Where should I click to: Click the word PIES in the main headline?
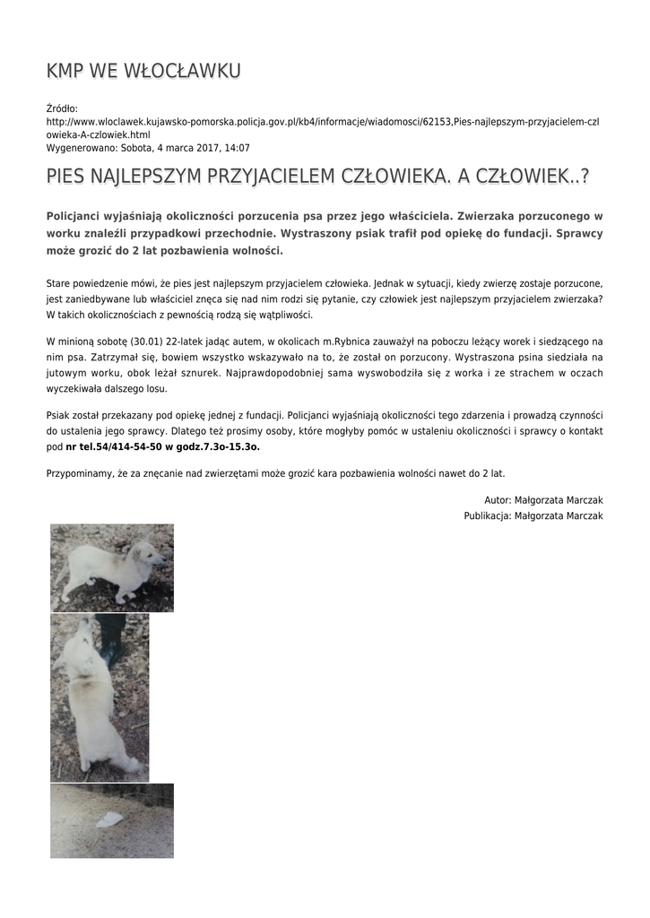[x=69, y=177]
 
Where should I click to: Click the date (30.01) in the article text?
[x=144, y=342]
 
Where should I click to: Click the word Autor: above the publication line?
[x=498, y=499]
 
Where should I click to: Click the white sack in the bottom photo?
[x=109, y=818]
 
